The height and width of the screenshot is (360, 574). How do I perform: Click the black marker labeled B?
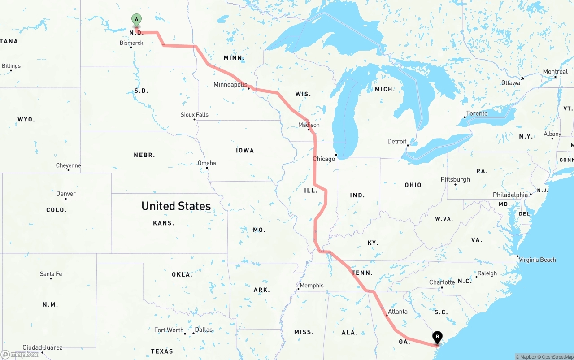point(437,337)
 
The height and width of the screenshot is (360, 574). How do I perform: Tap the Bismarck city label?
point(131,43)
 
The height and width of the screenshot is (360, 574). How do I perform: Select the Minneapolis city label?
point(230,84)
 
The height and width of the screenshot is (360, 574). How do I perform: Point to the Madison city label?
point(309,125)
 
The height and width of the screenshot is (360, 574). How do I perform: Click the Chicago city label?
point(324,159)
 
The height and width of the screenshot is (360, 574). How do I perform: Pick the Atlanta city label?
point(398,312)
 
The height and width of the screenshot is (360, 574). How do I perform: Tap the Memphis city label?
point(312,286)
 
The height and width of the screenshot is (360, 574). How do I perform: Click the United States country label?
point(176,206)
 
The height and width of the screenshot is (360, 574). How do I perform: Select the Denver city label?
point(66,194)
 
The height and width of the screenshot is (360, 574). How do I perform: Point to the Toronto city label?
point(477,113)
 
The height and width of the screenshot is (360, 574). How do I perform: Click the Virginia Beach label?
point(537,260)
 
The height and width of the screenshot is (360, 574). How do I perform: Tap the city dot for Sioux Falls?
point(194,119)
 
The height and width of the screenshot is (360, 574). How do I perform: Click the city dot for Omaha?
point(207,168)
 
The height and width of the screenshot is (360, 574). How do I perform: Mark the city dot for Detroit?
point(408,145)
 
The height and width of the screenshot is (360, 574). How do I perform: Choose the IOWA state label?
point(245,150)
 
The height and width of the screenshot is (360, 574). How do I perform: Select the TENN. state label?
point(362,273)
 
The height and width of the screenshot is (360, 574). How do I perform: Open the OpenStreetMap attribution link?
point(556,357)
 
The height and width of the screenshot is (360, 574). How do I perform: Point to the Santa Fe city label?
point(51,274)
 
